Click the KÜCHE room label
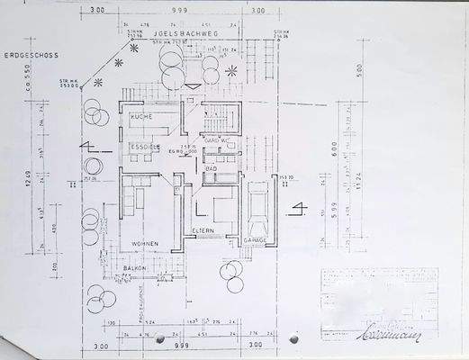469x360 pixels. pos(140,118)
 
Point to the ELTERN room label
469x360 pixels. pos(203,233)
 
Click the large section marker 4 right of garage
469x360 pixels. pos(298,212)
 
